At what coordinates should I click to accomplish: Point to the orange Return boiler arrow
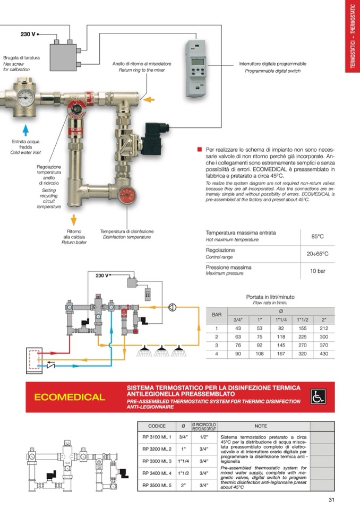point(74,219)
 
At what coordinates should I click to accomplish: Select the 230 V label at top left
point(28,34)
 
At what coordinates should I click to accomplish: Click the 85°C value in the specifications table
point(317,236)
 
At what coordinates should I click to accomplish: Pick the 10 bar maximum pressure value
point(317,271)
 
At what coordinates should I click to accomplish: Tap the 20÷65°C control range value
point(317,254)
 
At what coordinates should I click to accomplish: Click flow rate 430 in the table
point(324,353)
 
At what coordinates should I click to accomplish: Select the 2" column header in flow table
point(324,320)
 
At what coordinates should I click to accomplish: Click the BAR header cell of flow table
point(217,315)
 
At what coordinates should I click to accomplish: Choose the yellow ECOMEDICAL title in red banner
point(70,397)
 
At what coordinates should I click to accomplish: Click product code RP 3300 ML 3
point(157,461)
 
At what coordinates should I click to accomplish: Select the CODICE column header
point(157,426)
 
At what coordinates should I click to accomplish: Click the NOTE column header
point(261,426)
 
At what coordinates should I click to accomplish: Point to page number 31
point(331,499)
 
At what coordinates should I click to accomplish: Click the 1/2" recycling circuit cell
point(203,437)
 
